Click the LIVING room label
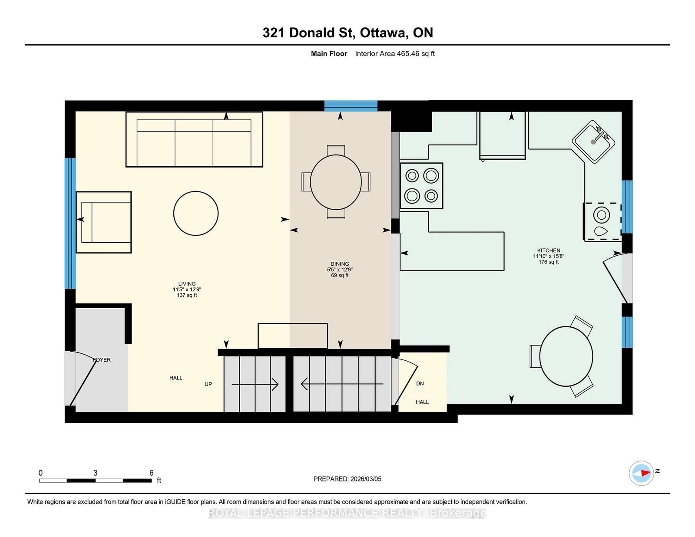pyautogui.click(x=187, y=284)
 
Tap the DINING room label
pyautogui.click(x=340, y=264)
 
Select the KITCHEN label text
pyautogui.click(x=549, y=250)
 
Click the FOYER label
pyautogui.click(x=102, y=360)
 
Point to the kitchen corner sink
pyautogui.click(x=593, y=142)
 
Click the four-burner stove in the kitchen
pyautogui.click(x=421, y=186)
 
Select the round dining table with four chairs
pyautogui.click(x=336, y=182)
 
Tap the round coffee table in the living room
pyautogui.click(x=196, y=214)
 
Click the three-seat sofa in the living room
pyautogui.click(x=194, y=139)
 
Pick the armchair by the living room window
pyautogui.click(x=104, y=222)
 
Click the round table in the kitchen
pyautogui.click(x=566, y=356)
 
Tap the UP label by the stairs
pyautogui.click(x=208, y=384)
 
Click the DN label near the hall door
pyautogui.click(x=420, y=384)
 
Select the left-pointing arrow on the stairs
pyautogui.click(x=342, y=384)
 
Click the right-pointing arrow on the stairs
pyautogui.click(x=255, y=384)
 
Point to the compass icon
pyautogui.click(x=642, y=473)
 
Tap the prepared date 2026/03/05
pyautogui.click(x=366, y=479)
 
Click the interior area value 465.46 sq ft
pyautogui.click(x=416, y=54)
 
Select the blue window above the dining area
pyautogui.click(x=351, y=105)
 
